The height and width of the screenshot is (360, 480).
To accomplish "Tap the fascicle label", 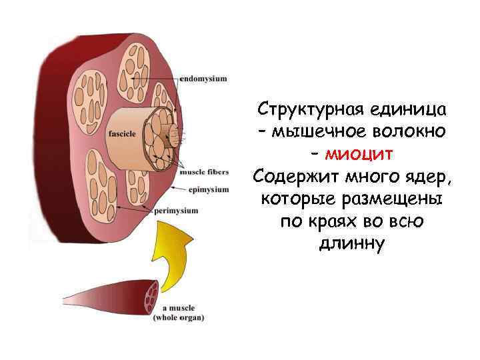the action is click(x=122, y=134).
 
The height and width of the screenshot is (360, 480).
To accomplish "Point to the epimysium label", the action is click(x=208, y=190).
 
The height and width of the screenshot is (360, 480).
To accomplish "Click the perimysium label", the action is click(x=176, y=211).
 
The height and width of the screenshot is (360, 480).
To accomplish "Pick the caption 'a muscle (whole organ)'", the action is click(x=179, y=313).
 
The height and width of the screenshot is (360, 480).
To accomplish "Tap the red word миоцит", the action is click(x=359, y=155).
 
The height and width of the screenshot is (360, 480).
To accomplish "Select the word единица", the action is click(x=406, y=108).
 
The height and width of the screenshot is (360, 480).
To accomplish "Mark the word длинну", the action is click(x=352, y=245).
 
